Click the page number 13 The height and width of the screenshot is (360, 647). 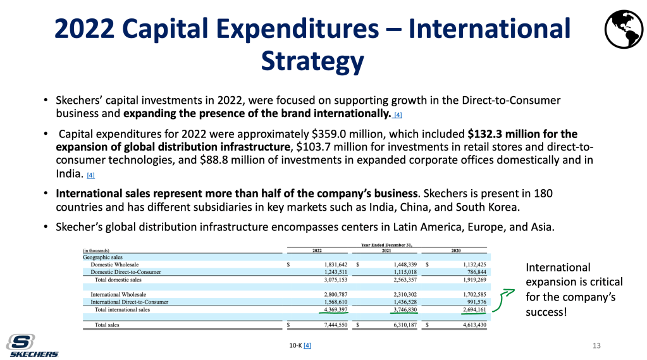click(596, 345)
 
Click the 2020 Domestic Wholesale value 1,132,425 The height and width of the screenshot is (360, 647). click(470, 264)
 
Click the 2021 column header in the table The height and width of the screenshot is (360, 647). click(386, 250)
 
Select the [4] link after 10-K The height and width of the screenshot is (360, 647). click(307, 345)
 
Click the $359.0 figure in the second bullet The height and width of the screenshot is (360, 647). click(331, 133)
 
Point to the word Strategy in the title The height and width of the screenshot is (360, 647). click(312, 61)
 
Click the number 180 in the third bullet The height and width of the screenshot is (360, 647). click(546, 192)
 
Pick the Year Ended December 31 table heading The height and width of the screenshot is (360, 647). click(386, 243)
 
